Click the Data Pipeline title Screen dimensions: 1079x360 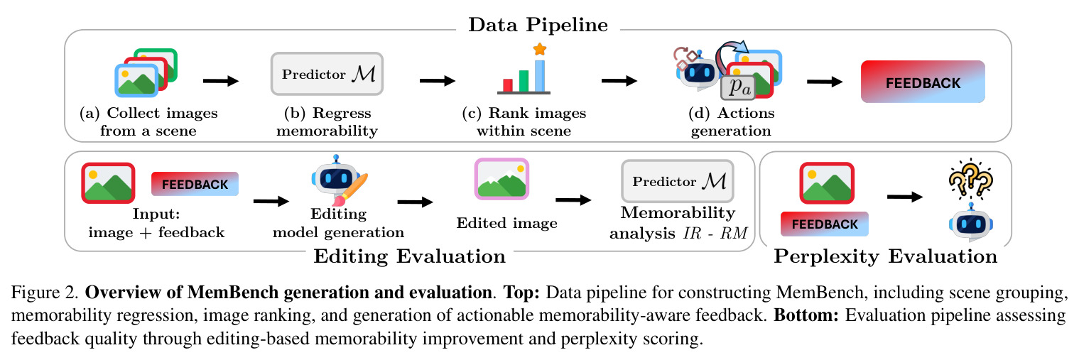click(x=538, y=25)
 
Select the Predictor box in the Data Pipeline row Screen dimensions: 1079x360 click(x=327, y=74)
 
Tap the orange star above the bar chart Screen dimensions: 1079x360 click(x=540, y=48)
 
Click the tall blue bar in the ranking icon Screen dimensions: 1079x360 click(x=540, y=75)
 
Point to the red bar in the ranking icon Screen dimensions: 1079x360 click(x=508, y=85)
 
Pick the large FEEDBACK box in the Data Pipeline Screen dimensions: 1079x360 click(x=923, y=82)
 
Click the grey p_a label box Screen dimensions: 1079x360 click(x=738, y=87)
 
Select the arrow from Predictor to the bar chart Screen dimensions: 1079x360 click(x=438, y=80)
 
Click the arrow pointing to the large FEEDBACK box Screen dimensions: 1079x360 click(x=825, y=82)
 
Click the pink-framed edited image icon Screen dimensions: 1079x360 click(x=501, y=179)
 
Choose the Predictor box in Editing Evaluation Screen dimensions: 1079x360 click(x=678, y=181)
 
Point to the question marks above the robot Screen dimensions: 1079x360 click(x=970, y=179)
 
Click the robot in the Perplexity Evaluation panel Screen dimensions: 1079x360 click(x=971, y=223)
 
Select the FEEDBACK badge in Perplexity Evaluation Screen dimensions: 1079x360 click(x=825, y=224)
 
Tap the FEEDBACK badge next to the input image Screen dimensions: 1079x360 click(x=195, y=184)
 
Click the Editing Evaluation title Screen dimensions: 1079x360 click(x=409, y=256)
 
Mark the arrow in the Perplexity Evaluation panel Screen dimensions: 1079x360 click(x=905, y=197)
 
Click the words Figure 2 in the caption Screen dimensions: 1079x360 click(x=44, y=292)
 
